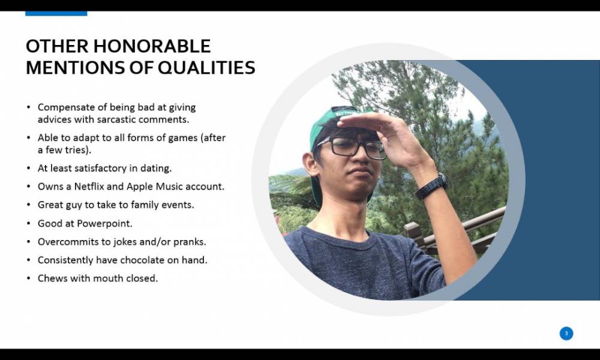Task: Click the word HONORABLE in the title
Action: click(x=152, y=46)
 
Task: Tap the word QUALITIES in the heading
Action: click(x=206, y=67)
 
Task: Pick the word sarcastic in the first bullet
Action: click(x=116, y=119)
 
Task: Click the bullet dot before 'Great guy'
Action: click(x=29, y=205)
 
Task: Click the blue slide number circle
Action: click(x=566, y=333)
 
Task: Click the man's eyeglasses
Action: click(x=351, y=146)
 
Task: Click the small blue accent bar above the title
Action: click(x=56, y=13)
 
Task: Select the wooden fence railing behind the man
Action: click(x=455, y=230)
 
